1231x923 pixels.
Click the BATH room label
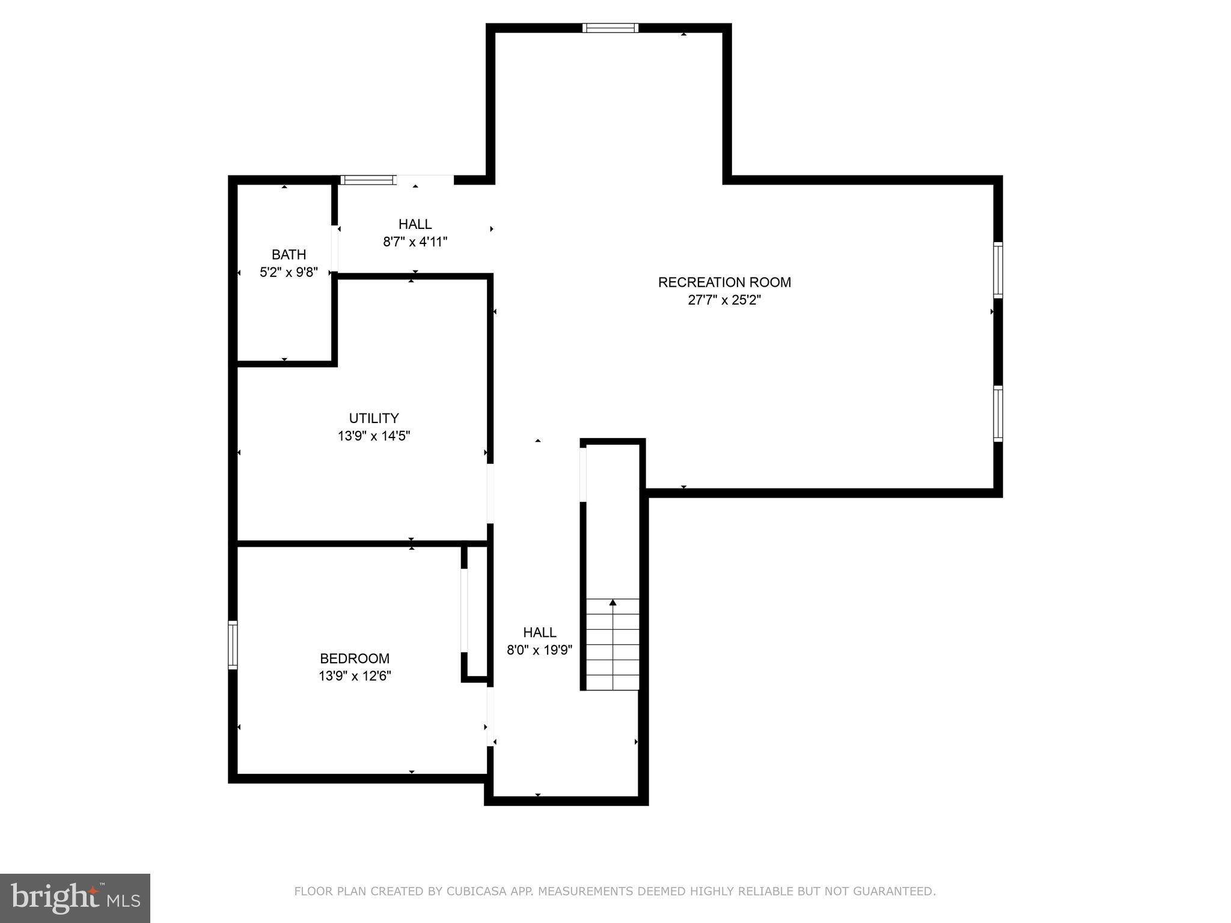pos(289,254)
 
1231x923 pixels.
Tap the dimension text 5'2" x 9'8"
pos(289,272)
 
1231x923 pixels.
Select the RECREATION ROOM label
pos(724,282)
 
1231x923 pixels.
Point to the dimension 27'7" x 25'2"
pos(724,300)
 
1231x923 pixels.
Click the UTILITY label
pos(374,418)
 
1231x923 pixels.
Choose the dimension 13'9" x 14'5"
pos(374,436)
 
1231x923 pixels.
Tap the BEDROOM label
pos(355,658)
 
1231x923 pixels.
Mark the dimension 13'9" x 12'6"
pos(355,676)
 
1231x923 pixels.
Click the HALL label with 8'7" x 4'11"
pos(415,224)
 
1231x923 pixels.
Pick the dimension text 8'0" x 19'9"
pos(539,650)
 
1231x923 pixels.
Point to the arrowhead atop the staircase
pos(612,602)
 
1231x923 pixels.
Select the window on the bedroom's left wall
pos(233,645)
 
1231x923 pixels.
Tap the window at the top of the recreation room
pos(610,28)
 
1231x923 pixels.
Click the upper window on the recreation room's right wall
pos(998,270)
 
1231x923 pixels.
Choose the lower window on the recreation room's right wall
pos(998,414)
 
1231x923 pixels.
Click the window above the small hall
pos(368,180)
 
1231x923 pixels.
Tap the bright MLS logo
pos(75,898)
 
